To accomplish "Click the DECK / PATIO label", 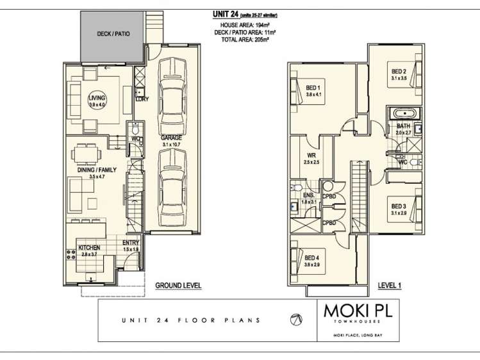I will (113, 33).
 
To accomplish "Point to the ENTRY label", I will (131, 243).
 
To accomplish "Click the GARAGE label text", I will (172, 138).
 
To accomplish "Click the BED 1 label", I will (313, 88).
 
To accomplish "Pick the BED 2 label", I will (399, 71).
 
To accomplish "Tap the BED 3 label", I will (399, 206).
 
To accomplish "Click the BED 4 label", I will (313, 258).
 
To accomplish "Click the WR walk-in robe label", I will (311, 156).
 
